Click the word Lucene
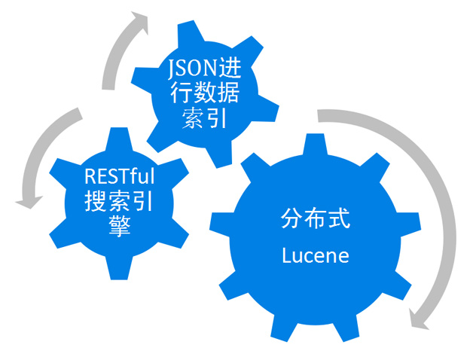click(x=316, y=255)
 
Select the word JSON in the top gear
click(x=185, y=73)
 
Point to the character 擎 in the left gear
click(x=120, y=227)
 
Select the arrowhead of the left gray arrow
click(x=31, y=199)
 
